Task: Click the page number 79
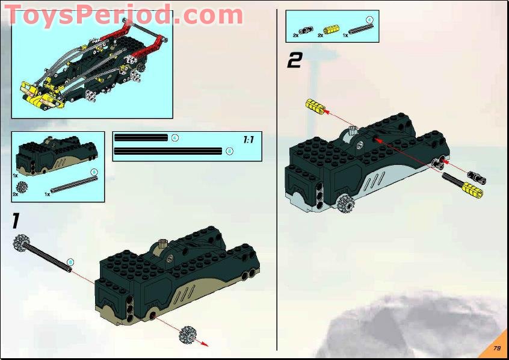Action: [x=496, y=348]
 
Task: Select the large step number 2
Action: [x=294, y=60]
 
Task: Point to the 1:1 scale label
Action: [x=248, y=140]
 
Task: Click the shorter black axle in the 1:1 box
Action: [x=141, y=138]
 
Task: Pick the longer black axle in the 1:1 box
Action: [x=168, y=151]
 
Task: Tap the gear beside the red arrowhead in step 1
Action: [x=189, y=334]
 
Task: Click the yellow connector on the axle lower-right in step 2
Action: [x=471, y=191]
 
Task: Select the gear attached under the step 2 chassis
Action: [x=345, y=204]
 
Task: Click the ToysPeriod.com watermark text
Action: [x=124, y=15]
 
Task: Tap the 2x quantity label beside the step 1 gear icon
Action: [x=15, y=194]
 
